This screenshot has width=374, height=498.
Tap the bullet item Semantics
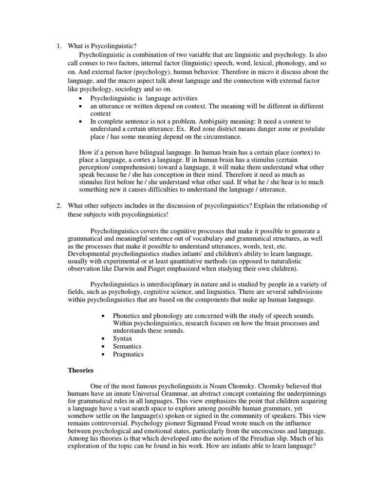[127, 346]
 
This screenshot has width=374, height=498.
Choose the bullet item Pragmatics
[128, 355]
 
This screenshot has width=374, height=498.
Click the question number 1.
[58, 46]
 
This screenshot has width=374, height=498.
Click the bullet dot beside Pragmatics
[103, 355]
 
